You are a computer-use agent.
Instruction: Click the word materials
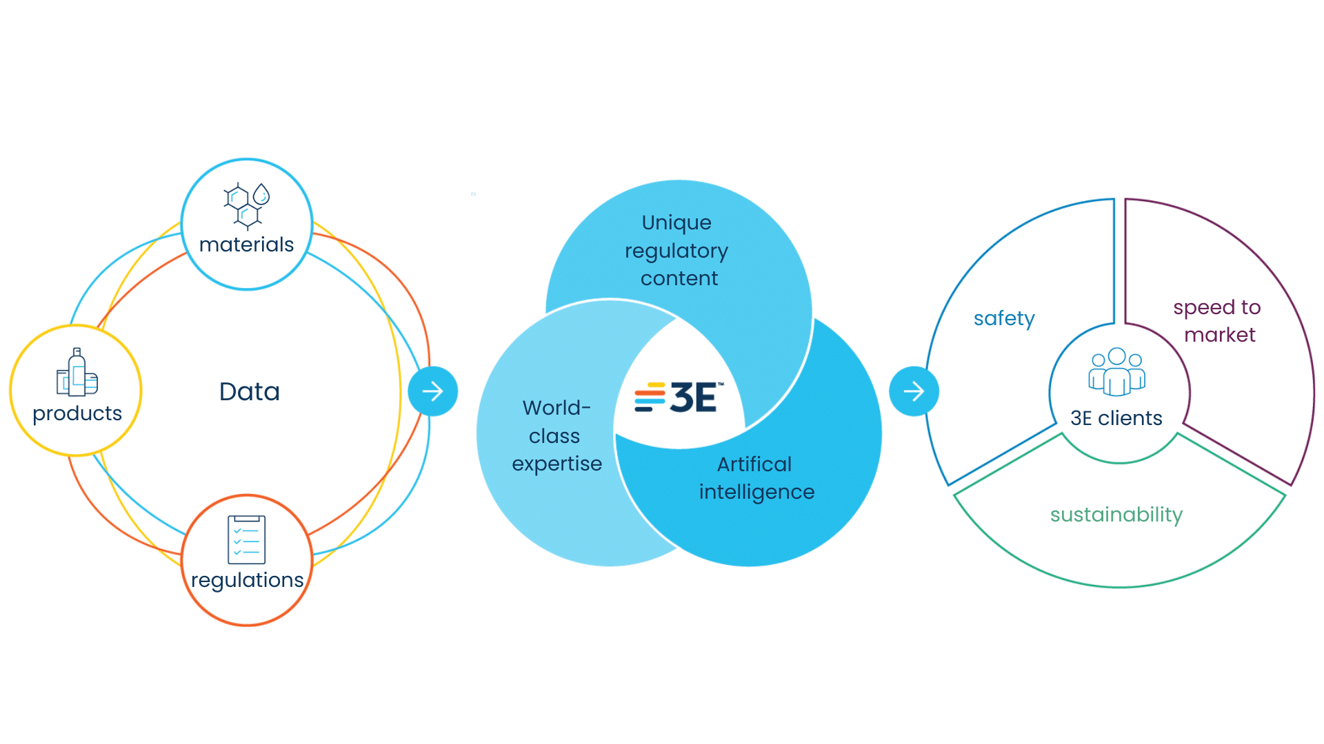tap(246, 245)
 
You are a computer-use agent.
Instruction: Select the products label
tap(77, 413)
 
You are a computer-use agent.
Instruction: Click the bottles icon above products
tap(77, 373)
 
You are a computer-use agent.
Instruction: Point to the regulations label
tap(247, 580)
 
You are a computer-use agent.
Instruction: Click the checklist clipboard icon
tap(246, 539)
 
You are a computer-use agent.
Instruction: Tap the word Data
tap(250, 391)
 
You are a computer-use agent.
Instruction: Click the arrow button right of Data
tap(432, 391)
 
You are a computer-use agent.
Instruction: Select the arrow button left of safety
tap(914, 391)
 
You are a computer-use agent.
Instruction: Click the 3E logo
tap(679, 397)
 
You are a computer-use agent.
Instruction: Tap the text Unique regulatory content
tap(677, 250)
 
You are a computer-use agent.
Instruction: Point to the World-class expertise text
tap(556, 435)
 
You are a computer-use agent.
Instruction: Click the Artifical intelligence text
tap(756, 478)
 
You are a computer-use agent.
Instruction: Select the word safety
tap(1004, 318)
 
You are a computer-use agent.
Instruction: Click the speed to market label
tap(1218, 321)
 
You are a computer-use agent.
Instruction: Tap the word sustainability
tap(1116, 515)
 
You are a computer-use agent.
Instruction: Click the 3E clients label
tap(1116, 418)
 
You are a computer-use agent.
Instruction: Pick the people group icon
tap(1116, 372)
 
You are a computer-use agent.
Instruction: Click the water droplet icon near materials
tap(261, 194)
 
